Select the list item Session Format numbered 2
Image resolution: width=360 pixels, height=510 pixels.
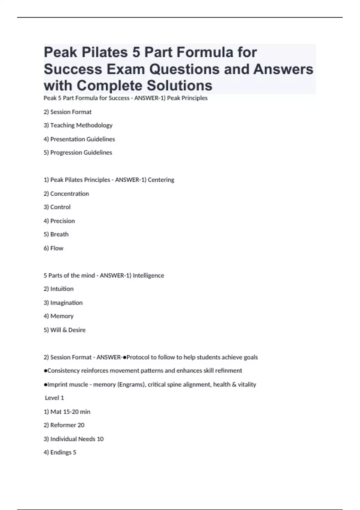(x=67, y=112)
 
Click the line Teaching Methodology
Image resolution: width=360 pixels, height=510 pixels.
(x=78, y=125)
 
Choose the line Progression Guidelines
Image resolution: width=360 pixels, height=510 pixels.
(x=78, y=153)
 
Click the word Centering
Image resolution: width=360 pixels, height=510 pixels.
(x=161, y=180)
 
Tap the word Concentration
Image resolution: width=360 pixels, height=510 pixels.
(x=70, y=194)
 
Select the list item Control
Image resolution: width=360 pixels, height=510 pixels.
(x=57, y=207)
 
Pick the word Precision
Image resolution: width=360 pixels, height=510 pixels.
(x=62, y=221)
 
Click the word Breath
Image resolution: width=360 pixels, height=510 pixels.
(x=59, y=235)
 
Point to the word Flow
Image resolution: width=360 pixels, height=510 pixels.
(x=57, y=248)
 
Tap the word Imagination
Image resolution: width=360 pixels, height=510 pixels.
(x=66, y=303)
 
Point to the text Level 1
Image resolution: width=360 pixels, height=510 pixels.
(x=54, y=398)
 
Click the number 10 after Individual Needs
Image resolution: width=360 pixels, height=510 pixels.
(x=100, y=439)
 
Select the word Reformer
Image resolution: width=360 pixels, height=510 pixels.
(x=63, y=425)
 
